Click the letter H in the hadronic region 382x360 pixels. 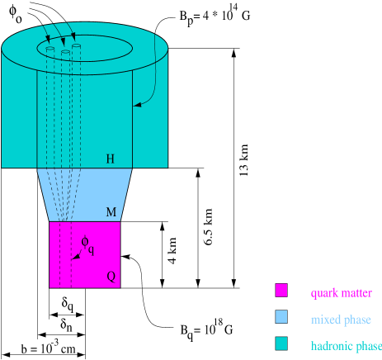pos(110,159)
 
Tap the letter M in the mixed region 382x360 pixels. pos(111,212)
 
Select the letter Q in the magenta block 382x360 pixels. pos(111,277)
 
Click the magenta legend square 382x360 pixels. pos(281,291)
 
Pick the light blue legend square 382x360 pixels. pos(281,318)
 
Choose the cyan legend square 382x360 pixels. pos(281,344)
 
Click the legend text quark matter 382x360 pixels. pos(341,293)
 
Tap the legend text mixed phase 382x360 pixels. pos(341,320)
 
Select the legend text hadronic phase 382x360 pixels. pos(346,346)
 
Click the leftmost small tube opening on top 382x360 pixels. pos(50,50)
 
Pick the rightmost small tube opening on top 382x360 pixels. pos(76,47)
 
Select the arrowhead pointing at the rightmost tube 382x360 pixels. pos(73,37)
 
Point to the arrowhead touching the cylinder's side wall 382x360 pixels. pos(136,105)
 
